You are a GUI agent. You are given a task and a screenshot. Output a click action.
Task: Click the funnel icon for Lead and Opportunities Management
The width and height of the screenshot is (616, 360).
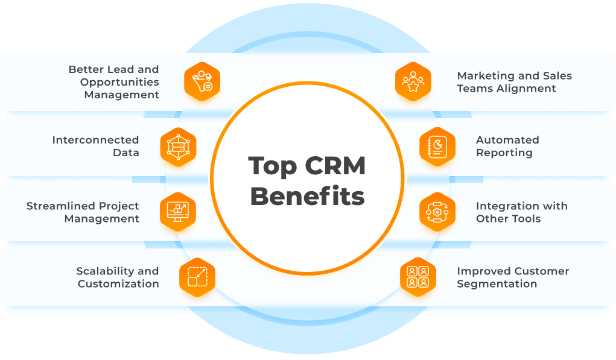tap(202, 81)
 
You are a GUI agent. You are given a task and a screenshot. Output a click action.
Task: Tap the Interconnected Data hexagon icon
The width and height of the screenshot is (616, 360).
tap(179, 147)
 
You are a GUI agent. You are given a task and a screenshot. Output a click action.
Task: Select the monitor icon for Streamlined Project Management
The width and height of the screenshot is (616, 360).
tap(179, 212)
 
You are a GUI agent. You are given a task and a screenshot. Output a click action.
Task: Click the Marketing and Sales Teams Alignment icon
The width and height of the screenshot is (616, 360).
tap(413, 81)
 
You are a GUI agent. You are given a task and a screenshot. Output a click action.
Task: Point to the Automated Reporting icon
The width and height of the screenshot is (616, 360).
tap(437, 147)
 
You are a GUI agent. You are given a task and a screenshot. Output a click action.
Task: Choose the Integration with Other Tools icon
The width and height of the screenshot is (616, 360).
tap(437, 212)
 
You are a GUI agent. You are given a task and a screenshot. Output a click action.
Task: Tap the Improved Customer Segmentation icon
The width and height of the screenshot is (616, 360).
tap(418, 277)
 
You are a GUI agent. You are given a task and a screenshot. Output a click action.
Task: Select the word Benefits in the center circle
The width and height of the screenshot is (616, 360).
tap(308, 197)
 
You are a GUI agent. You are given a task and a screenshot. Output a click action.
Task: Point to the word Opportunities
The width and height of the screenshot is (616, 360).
tap(119, 82)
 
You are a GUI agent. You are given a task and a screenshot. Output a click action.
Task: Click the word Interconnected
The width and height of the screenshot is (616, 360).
tap(95, 140)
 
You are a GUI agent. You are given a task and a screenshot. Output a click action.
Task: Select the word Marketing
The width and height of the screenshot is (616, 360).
tap(486, 76)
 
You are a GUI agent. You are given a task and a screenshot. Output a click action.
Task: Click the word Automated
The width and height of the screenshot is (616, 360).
tap(507, 140)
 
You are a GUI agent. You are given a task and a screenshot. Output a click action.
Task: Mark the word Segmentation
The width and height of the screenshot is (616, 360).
tap(497, 284)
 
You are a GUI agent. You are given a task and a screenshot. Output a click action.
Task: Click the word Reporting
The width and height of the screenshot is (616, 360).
tap(504, 153)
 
